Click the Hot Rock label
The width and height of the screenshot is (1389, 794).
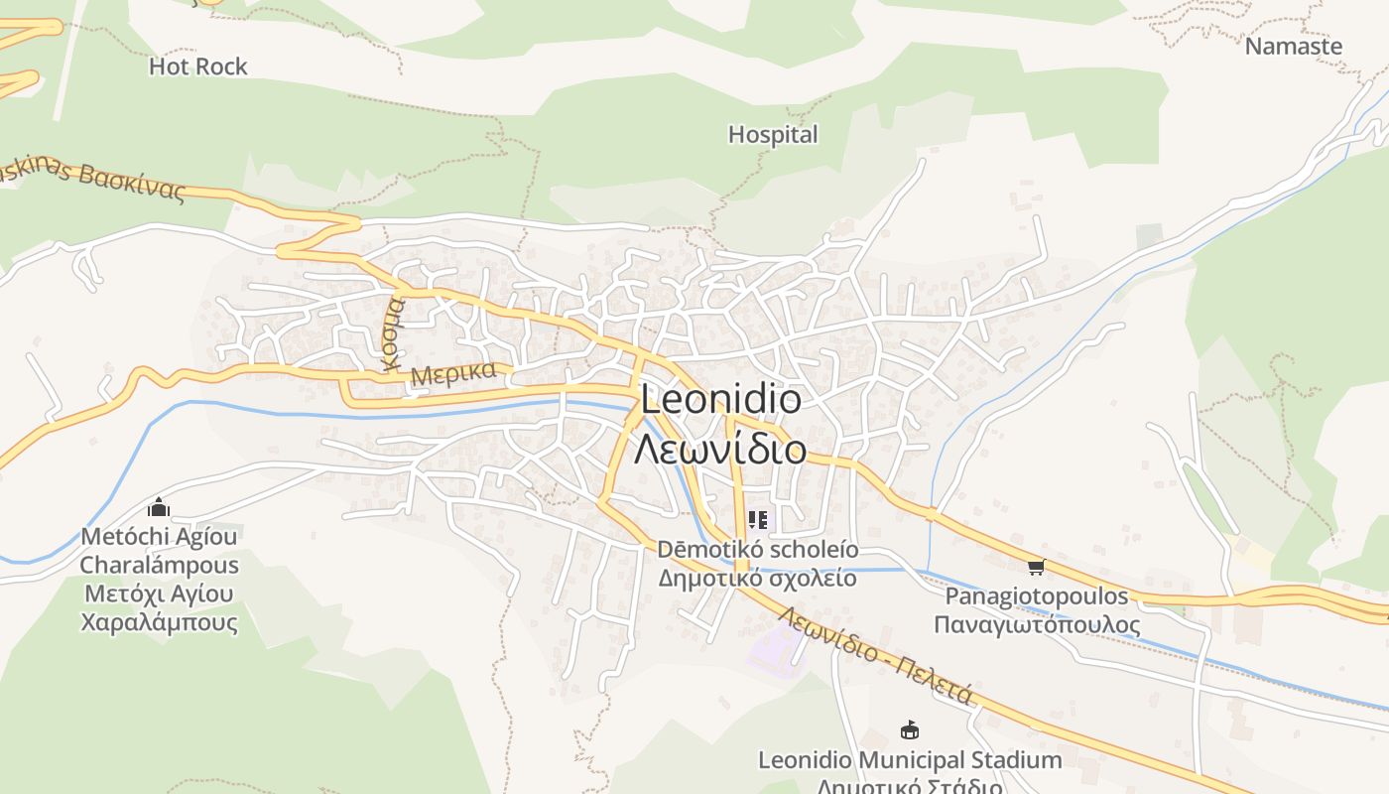[197, 66]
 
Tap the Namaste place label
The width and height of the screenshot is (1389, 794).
[1293, 47]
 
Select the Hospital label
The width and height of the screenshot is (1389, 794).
[773, 135]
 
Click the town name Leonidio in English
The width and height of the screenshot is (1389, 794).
[720, 399]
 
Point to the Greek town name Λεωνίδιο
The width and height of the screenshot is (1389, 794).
[720, 450]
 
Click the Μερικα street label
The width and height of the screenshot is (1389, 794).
[453, 374]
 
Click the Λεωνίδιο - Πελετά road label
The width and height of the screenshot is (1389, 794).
[874, 655]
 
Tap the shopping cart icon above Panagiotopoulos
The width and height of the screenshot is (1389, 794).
[1037, 567]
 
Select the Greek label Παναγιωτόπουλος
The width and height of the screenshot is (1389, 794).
[1037, 625]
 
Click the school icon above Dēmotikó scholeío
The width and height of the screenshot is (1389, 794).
[758, 519]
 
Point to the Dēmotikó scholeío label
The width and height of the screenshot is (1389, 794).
[758, 550]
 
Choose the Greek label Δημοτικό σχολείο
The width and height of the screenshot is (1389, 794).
[758, 579]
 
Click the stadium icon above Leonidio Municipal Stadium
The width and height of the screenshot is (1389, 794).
[909, 730]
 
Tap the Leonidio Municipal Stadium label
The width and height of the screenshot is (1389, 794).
[909, 760]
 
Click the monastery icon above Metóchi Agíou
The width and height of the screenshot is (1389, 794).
[159, 508]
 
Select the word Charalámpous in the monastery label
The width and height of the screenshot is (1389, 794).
[159, 566]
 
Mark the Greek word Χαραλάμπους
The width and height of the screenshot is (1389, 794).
[159, 623]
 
